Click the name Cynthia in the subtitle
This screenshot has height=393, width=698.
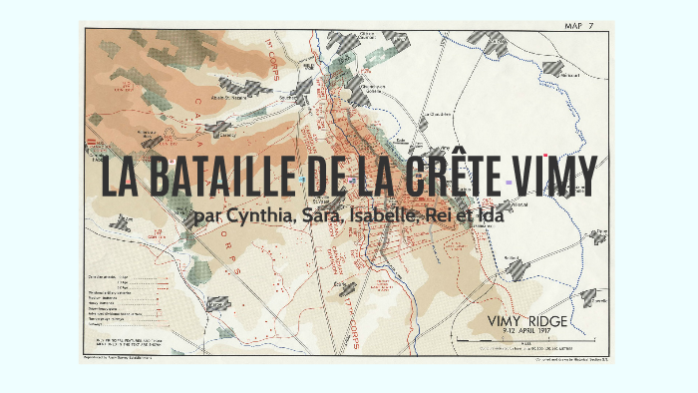coord(253,214)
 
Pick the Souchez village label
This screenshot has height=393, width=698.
coord(291,99)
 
